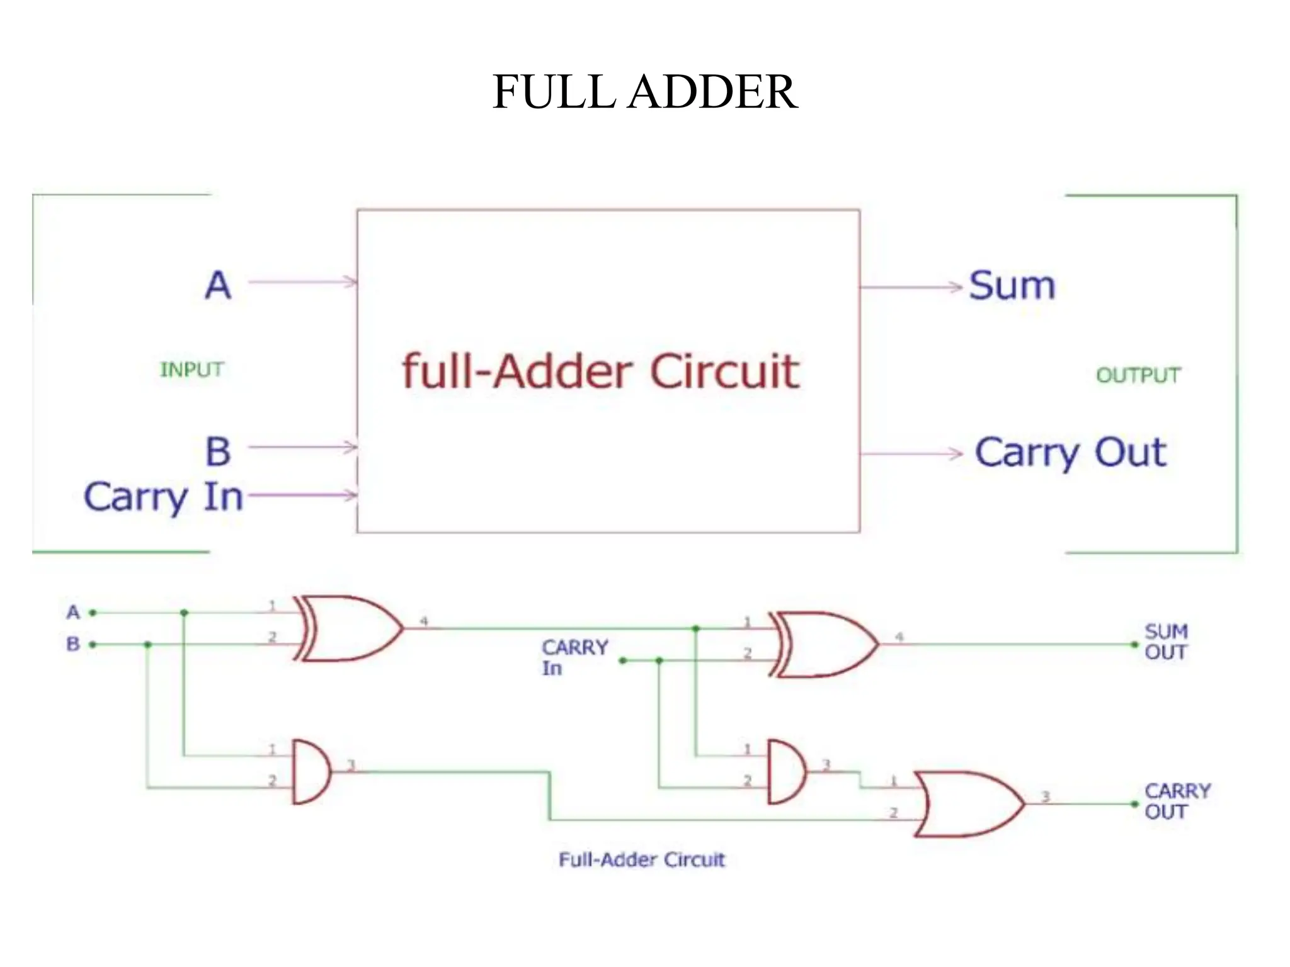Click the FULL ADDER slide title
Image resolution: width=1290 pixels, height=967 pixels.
tap(644, 92)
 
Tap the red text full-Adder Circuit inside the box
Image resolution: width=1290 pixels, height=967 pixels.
tap(600, 371)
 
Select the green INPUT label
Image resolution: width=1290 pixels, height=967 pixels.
tap(191, 370)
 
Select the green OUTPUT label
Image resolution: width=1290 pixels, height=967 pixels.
tap(1138, 375)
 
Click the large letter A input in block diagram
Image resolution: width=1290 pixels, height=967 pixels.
tap(218, 285)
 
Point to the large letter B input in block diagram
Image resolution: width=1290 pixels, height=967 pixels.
tap(218, 451)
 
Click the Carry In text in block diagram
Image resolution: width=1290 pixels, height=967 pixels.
tap(163, 497)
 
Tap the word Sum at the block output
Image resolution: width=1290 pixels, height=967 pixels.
tap(1012, 286)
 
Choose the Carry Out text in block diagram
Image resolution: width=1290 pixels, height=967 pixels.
tap(1070, 453)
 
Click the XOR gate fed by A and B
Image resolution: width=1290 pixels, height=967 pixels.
tap(348, 628)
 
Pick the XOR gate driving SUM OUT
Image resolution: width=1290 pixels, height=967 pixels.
tap(824, 644)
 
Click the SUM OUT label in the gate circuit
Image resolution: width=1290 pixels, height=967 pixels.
tap(1166, 642)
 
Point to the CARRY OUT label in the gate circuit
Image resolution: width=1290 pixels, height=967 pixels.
tap(1177, 801)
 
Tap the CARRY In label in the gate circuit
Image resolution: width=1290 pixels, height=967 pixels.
tap(574, 657)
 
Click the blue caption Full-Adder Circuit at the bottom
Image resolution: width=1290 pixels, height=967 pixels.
tap(641, 859)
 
